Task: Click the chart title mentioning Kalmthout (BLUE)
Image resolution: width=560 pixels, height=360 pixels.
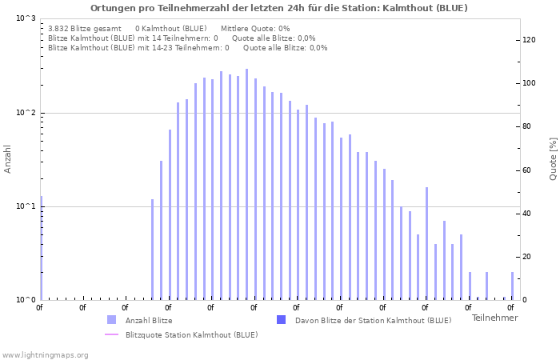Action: coord(279,8)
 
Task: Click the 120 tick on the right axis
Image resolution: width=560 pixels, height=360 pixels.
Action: coord(529,40)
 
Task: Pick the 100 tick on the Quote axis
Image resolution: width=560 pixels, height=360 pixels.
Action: coord(529,83)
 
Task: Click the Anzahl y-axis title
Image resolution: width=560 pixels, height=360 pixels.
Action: coord(8,158)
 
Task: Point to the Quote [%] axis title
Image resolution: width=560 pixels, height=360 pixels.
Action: coord(553,158)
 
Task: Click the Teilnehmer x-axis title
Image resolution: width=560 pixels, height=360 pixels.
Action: coord(494,318)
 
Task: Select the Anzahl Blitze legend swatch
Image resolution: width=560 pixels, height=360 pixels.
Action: coord(111,320)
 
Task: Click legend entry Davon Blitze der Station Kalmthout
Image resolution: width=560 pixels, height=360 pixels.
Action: coord(373,320)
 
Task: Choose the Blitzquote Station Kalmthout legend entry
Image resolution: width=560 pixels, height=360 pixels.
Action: coord(191,334)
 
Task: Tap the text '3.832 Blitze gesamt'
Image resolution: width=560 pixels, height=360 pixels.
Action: coord(85,28)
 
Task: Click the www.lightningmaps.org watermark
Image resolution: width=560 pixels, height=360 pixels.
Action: coord(45,354)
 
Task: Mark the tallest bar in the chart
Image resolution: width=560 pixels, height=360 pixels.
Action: coord(246,184)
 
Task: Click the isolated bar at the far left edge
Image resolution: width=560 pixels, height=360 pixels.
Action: coord(42,248)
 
